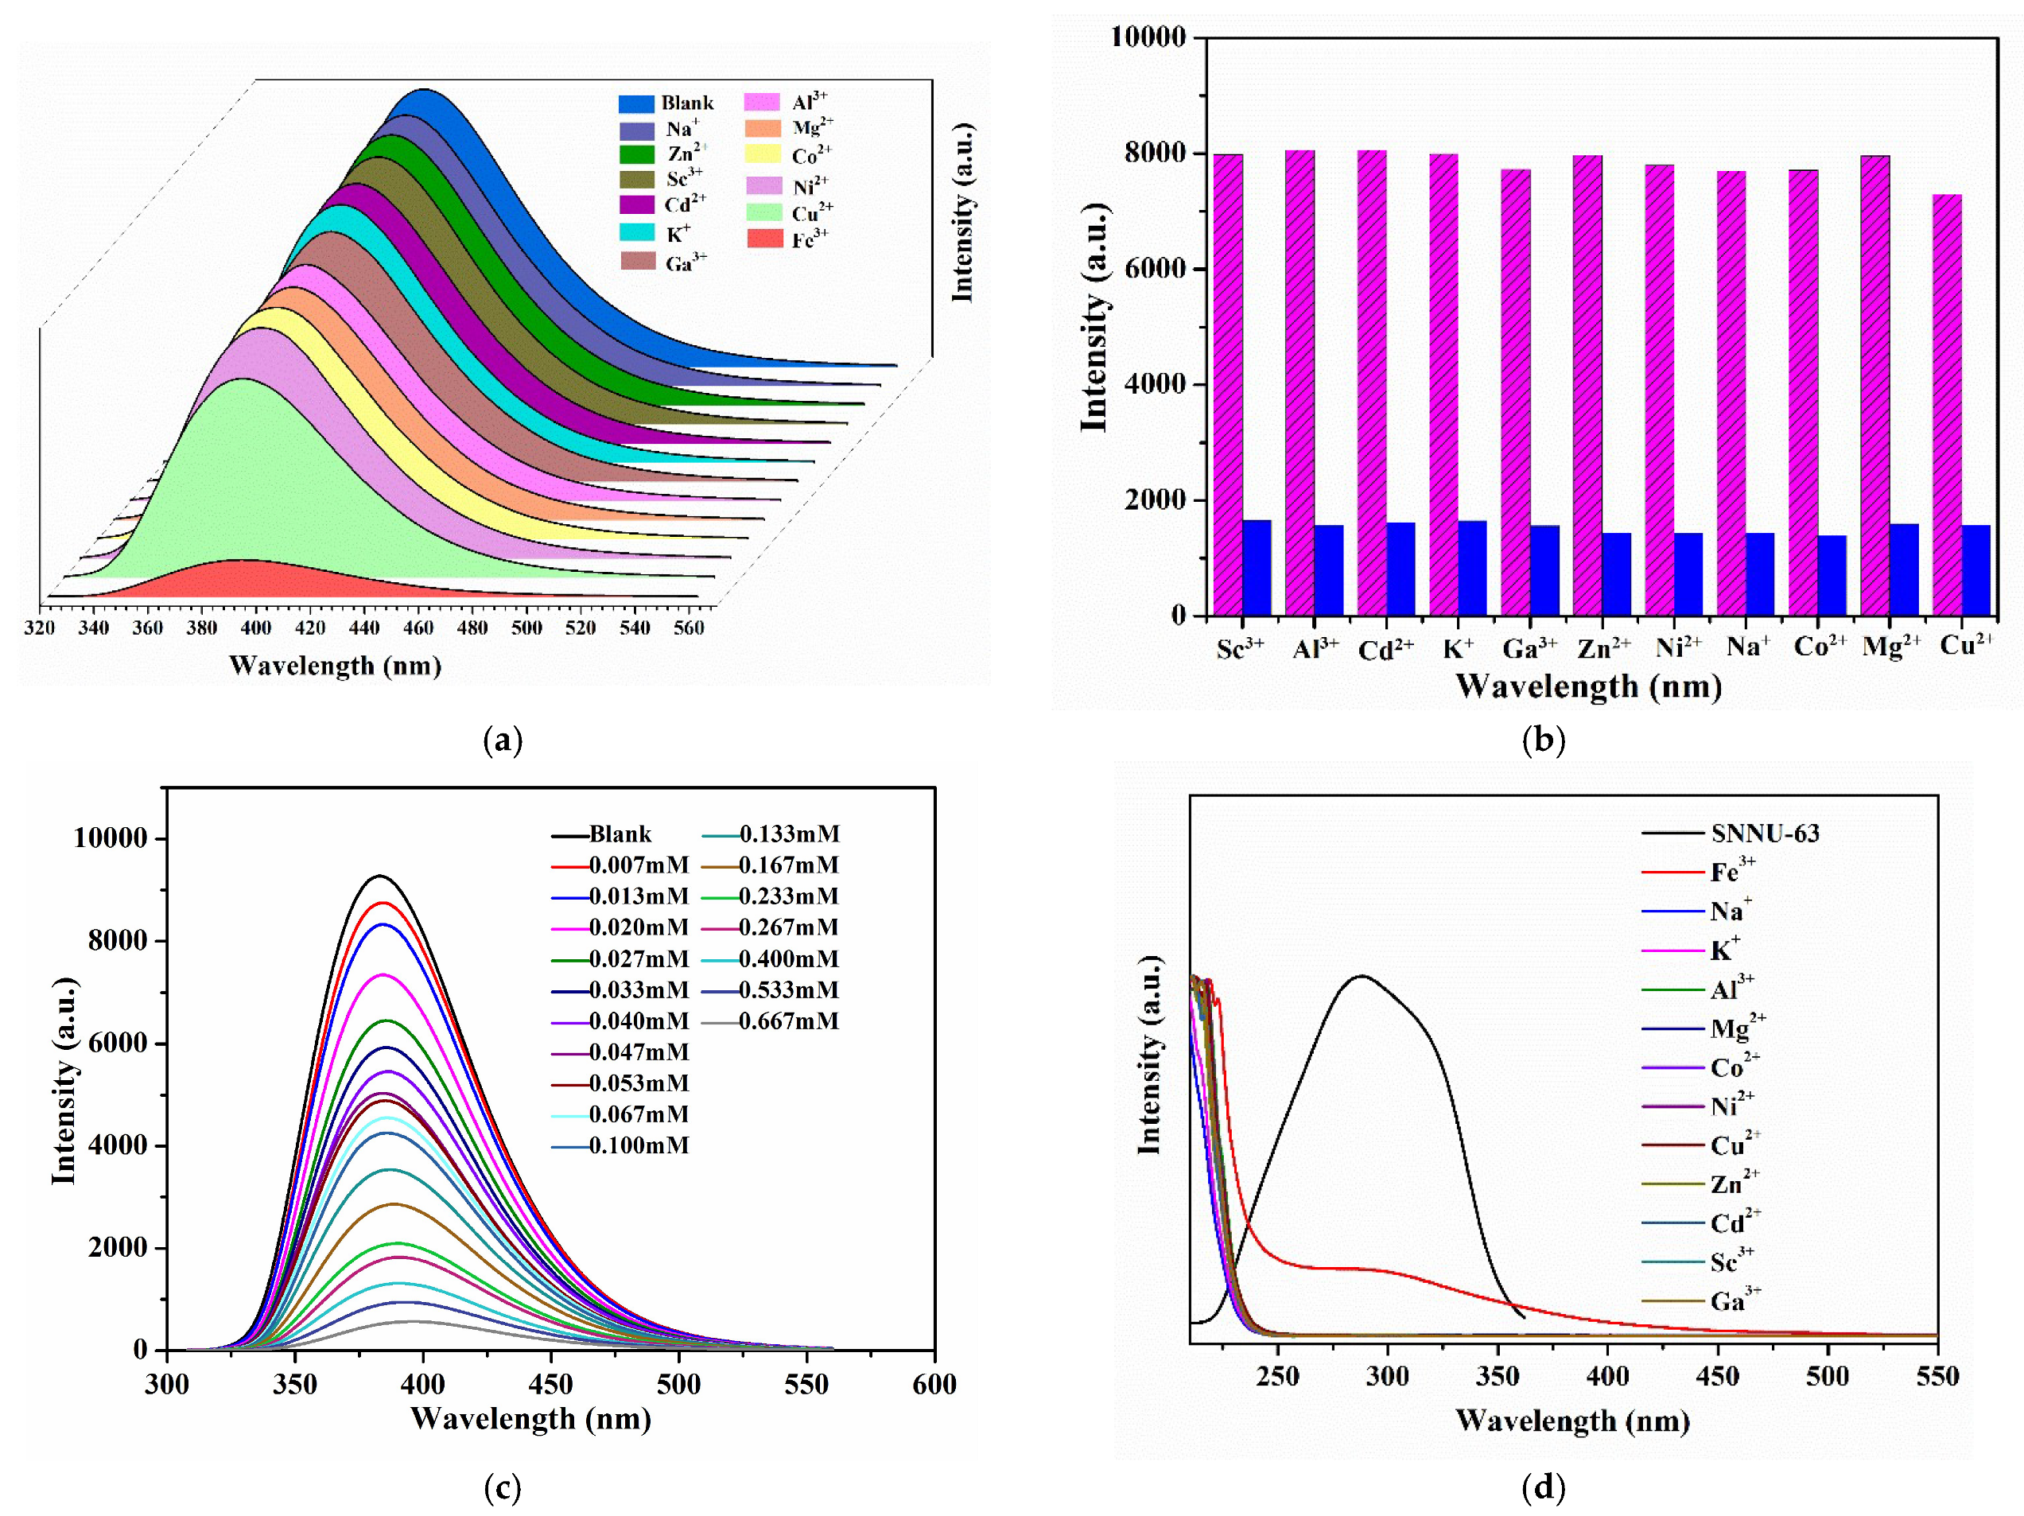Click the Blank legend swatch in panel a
(636, 103)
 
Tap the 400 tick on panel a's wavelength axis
(256, 628)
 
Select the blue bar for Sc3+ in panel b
(1257, 567)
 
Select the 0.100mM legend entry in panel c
(638, 1145)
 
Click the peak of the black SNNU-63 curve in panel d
(1362, 976)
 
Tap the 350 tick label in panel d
(1498, 1377)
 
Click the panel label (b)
(1544, 739)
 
